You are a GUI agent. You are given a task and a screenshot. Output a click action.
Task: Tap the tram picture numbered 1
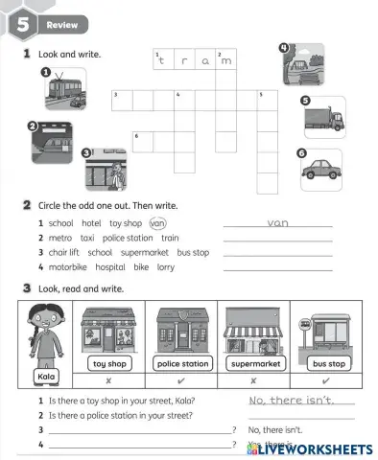[x=65, y=94]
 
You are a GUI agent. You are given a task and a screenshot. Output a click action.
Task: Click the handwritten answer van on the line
[x=277, y=222]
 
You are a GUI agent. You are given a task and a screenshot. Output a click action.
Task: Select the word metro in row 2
[x=60, y=238]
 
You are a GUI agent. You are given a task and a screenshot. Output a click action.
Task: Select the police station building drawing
[x=183, y=333]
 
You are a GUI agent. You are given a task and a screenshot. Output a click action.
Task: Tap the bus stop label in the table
[x=328, y=364]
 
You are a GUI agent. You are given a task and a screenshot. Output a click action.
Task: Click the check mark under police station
[x=183, y=380]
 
